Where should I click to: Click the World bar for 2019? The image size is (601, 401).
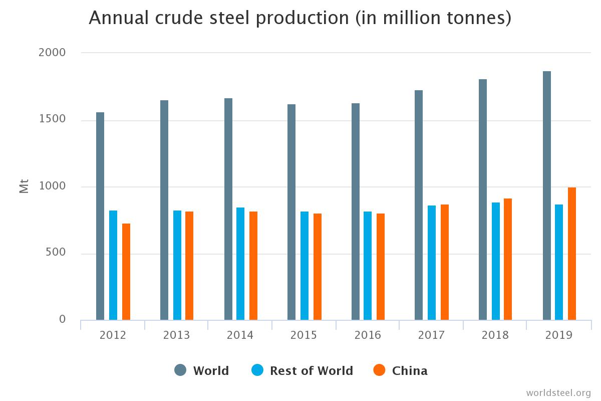click(547, 195)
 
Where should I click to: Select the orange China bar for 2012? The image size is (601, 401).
click(126, 272)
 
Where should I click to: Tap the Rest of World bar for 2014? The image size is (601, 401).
click(240, 264)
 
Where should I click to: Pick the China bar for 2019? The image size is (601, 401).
click(572, 254)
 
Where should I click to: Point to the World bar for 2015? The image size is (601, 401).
click(291, 212)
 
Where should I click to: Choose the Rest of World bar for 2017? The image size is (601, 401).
click(432, 263)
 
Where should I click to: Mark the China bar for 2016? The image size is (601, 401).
click(381, 267)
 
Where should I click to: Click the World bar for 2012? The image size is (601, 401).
click(100, 216)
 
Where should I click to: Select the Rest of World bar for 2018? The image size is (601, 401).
click(496, 261)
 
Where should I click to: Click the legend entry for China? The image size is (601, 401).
click(401, 371)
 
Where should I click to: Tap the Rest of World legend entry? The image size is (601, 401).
click(303, 371)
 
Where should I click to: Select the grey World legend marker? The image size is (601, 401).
click(180, 370)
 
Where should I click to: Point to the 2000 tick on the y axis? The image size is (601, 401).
click(52, 53)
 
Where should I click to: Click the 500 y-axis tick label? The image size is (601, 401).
click(52, 253)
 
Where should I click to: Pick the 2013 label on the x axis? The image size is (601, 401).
click(176, 335)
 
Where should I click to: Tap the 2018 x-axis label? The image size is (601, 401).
click(495, 335)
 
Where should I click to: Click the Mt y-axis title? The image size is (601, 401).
click(24, 186)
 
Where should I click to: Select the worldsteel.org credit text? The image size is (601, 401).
click(558, 392)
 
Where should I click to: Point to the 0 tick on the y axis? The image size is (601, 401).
click(62, 319)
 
